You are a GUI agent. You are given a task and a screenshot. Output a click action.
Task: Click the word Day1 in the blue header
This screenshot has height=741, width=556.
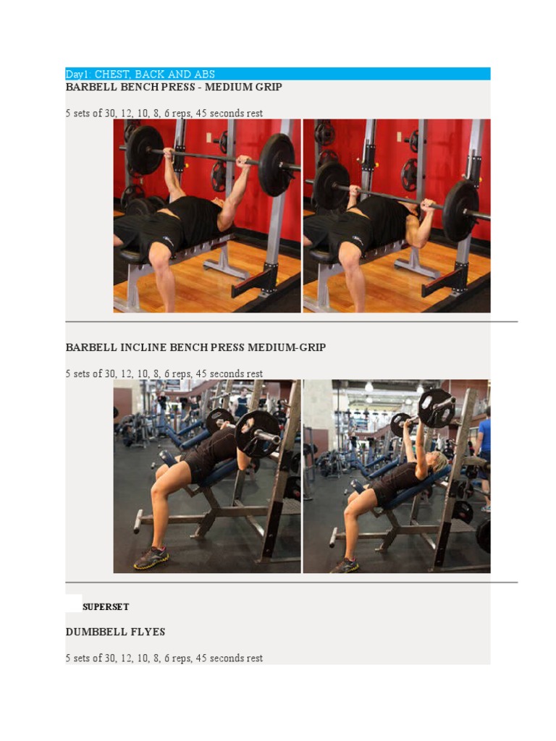point(75,75)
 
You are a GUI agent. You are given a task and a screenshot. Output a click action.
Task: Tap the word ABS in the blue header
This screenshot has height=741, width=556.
point(203,75)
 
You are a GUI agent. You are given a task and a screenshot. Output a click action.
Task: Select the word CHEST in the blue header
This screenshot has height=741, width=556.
point(113,75)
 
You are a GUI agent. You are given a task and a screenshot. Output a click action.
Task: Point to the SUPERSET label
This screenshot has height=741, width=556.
point(106,607)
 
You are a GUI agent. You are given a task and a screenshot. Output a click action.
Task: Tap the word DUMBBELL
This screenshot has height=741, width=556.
point(95,632)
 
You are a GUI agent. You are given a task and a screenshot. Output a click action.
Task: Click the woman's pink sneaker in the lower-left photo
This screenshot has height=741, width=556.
point(151,557)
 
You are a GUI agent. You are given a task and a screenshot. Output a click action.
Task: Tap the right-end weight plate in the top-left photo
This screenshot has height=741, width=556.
point(277,164)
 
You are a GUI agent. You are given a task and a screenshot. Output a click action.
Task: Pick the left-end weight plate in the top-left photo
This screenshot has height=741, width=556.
point(145,151)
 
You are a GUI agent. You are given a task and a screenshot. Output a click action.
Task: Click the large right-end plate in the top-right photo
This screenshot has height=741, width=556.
point(460,211)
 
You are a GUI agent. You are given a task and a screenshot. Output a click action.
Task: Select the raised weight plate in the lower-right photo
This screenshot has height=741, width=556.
point(436,408)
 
